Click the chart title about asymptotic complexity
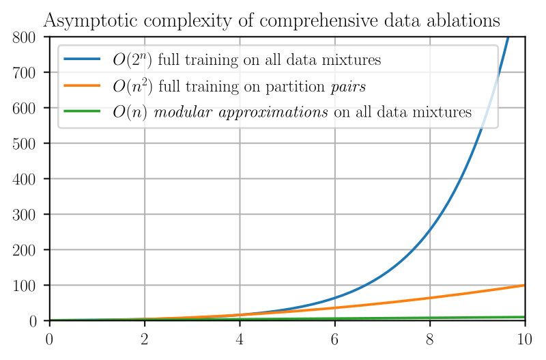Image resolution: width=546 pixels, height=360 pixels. tap(272, 21)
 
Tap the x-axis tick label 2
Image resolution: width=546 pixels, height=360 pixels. tap(144, 337)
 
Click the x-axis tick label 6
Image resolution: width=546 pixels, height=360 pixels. tap(334, 337)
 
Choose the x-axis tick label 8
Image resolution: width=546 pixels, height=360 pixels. tap(430, 337)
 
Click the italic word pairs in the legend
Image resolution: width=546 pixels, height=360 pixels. tap(348, 87)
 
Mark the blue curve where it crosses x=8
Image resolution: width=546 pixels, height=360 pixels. tap(430, 230)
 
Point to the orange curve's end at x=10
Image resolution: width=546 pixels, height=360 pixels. tap(524, 285)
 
